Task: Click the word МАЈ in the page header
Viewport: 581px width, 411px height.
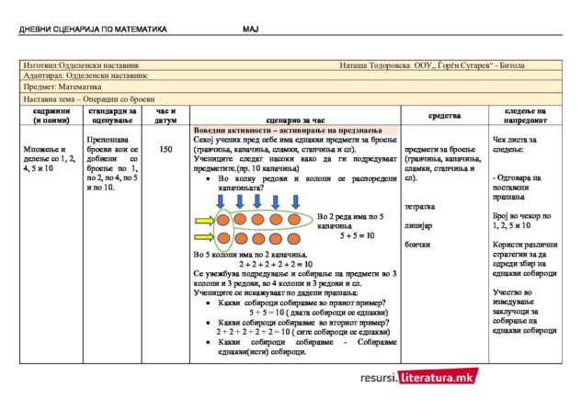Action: (x=251, y=29)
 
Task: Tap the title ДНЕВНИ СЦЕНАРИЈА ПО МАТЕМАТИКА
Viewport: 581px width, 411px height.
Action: (x=93, y=29)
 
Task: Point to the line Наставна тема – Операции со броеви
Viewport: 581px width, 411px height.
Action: (x=89, y=98)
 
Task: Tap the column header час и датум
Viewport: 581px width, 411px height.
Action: (x=166, y=115)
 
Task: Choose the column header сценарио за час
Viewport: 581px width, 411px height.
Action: (x=294, y=120)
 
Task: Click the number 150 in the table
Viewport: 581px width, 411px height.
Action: (x=165, y=149)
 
